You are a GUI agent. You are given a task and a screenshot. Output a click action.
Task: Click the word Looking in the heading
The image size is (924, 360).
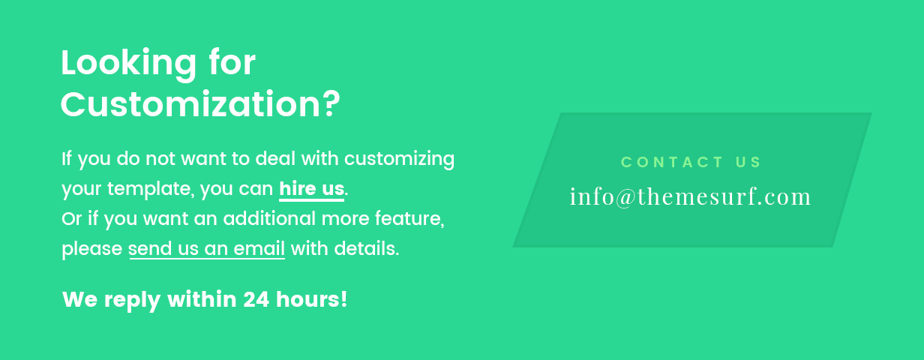pos(129,64)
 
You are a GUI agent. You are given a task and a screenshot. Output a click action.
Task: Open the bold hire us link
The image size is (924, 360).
pos(311,189)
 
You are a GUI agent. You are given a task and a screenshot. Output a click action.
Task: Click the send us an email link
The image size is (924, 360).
pos(207,249)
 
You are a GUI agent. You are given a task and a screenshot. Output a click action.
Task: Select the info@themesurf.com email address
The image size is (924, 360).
pos(690,196)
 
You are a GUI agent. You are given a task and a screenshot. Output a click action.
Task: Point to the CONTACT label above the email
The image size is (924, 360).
pos(671,162)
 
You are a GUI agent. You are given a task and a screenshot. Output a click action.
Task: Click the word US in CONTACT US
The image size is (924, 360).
pos(748,162)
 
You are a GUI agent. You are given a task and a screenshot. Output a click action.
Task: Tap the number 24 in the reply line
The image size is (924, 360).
pos(256,299)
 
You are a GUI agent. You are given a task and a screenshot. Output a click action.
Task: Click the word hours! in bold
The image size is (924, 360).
pos(311,299)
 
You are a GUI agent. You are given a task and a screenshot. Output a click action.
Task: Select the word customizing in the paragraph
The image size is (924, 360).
pos(399,159)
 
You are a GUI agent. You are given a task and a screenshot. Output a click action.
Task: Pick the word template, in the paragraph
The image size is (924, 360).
pos(151,189)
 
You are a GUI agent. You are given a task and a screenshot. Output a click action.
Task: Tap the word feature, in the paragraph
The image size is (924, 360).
pos(409,218)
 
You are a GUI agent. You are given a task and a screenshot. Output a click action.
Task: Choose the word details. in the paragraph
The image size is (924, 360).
pos(367,249)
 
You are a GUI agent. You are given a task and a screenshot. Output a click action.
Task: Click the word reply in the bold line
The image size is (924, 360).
pos(132,301)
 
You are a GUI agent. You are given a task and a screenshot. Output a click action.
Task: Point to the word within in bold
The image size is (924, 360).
pos(202,299)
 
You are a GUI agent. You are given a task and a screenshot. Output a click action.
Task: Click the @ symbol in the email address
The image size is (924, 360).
pos(625,197)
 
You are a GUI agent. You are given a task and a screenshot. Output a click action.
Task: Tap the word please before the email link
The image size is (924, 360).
pos(92,250)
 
